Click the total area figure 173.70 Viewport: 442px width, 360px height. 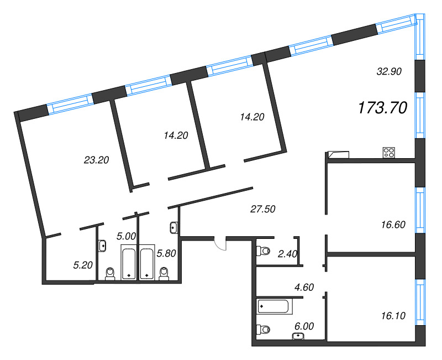click(x=382, y=108)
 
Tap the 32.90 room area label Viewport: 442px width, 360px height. click(x=389, y=72)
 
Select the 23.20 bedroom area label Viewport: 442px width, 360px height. click(x=96, y=160)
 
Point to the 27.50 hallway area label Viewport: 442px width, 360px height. click(x=263, y=209)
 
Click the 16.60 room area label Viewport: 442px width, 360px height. click(x=393, y=225)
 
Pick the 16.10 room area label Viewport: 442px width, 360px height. click(x=393, y=316)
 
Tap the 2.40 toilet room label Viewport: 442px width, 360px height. click(x=287, y=254)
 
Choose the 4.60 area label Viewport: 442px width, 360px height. click(x=304, y=287)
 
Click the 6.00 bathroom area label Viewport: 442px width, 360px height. click(x=304, y=326)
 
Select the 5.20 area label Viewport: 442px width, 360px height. click(x=83, y=265)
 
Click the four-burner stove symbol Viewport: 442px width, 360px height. click(x=389, y=153)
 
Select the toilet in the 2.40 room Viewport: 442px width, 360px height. click(x=263, y=251)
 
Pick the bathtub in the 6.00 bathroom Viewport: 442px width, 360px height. click(x=273, y=307)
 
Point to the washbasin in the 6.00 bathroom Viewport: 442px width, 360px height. click(x=298, y=336)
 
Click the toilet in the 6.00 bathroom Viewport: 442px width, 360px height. click(x=263, y=329)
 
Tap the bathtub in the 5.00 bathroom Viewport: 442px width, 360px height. click(x=129, y=263)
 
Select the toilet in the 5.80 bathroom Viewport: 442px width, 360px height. click(x=164, y=274)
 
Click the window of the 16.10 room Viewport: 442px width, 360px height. click(x=420, y=302)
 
